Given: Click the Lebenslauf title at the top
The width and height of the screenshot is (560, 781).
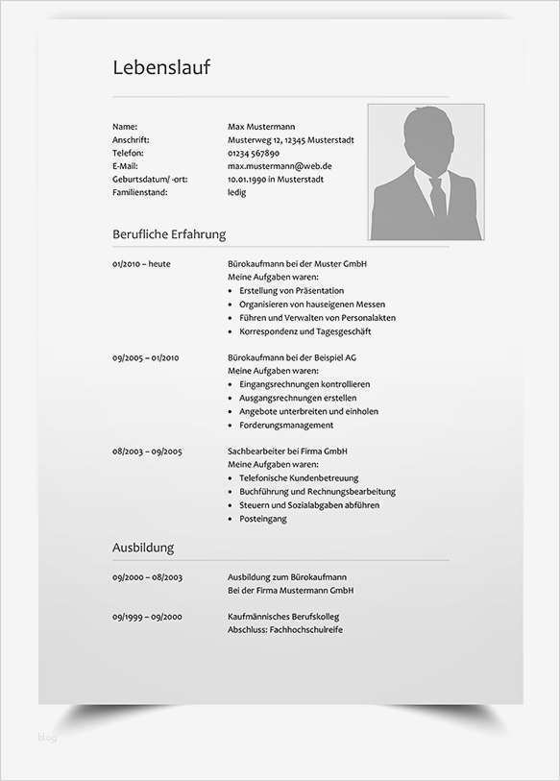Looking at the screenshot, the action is (x=160, y=67).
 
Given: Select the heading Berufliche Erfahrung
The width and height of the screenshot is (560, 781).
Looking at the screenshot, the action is (x=169, y=233).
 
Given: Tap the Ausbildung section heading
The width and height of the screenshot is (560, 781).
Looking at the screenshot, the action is (x=143, y=548).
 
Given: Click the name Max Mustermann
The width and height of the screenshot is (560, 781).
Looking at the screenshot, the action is (x=261, y=126).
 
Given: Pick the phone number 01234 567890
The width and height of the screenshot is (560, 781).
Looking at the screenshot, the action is (x=254, y=153).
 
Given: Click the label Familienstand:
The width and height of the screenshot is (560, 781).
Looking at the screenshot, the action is (x=139, y=192).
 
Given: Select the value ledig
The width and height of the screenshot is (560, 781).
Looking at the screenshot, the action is (x=236, y=192).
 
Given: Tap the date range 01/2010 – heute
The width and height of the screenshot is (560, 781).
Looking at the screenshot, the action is (x=141, y=263).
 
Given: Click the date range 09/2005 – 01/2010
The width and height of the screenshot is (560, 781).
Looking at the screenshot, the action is (x=146, y=357).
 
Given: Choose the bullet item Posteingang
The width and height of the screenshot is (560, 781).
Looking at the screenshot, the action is (x=263, y=519).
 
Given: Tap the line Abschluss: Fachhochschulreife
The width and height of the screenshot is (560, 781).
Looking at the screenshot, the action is (x=285, y=629).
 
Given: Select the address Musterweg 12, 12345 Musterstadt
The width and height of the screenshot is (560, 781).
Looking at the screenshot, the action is (x=290, y=139).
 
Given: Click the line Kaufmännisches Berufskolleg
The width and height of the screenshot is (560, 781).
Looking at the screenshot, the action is (x=283, y=616).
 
